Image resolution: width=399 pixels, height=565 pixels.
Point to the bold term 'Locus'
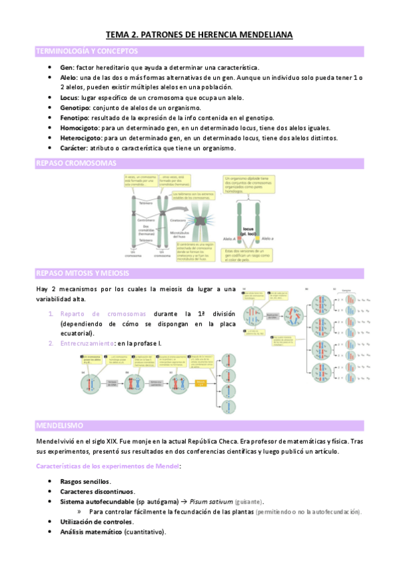(70, 97)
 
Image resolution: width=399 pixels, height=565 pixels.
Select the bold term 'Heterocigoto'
(81, 137)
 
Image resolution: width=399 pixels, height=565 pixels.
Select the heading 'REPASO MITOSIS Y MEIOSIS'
(83, 273)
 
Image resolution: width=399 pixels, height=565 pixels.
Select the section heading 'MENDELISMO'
(60, 425)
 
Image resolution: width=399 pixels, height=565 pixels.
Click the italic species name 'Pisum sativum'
(219, 501)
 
